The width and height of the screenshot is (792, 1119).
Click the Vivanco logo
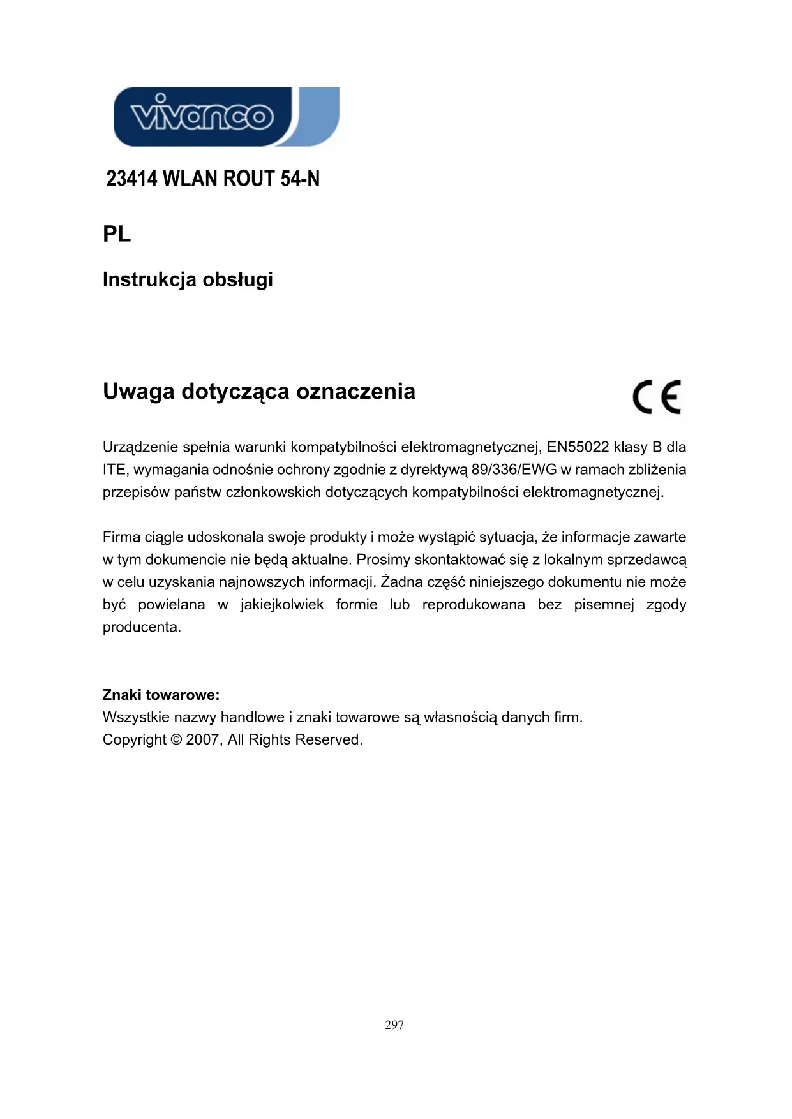pyautogui.click(x=226, y=117)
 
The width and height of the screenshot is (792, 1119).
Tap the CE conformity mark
pyautogui.click(x=657, y=397)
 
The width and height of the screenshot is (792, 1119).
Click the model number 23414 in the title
pyautogui.click(x=131, y=179)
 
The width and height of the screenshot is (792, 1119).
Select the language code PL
pyautogui.click(x=117, y=234)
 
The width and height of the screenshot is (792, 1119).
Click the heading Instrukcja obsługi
pyautogui.click(x=188, y=279)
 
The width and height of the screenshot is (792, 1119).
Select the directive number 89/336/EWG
pyautogui.click(x=514, y=470)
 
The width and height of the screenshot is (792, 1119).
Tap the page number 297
pyautogui.click(x=394, y=1025)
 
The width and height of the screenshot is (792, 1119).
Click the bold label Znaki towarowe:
pyautogui.click(x=161, y=695)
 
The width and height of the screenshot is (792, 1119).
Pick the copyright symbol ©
pyautogui.click(x=176, y=740)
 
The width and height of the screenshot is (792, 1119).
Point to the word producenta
pyautogui.click(x=142, y=627)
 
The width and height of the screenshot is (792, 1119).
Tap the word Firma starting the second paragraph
pyautogui.click(x=121, y=537)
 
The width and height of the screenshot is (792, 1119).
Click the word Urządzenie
pyautogui.click(x=140, y=447)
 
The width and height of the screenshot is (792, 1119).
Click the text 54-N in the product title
pyautogui.click(x=300, y=179)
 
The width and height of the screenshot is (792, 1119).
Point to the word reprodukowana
pyautogui.click(x=474, y=604)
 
